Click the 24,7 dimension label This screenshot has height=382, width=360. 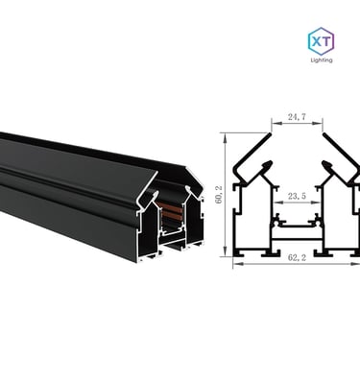pyautogui.click(x=297, y=117)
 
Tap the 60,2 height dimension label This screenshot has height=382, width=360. pyautogui.click(x=219, y=195)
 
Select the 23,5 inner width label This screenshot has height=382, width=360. pyautogui.click(x=297, y=196)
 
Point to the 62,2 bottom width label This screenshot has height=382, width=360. pyautogui.click(x=297, y=257)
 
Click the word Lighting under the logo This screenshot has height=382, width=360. pyautogui.click(x=322, y=60)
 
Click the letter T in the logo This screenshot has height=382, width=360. pyautogui.click(x=327, y=41)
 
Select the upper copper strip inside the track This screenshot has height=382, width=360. pyautogui.click(x=171, y=205)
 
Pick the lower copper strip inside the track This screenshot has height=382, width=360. pyautogui.click(x=172, y=215)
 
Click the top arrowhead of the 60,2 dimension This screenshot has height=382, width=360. pyautogui.click(x=226, y=137)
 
